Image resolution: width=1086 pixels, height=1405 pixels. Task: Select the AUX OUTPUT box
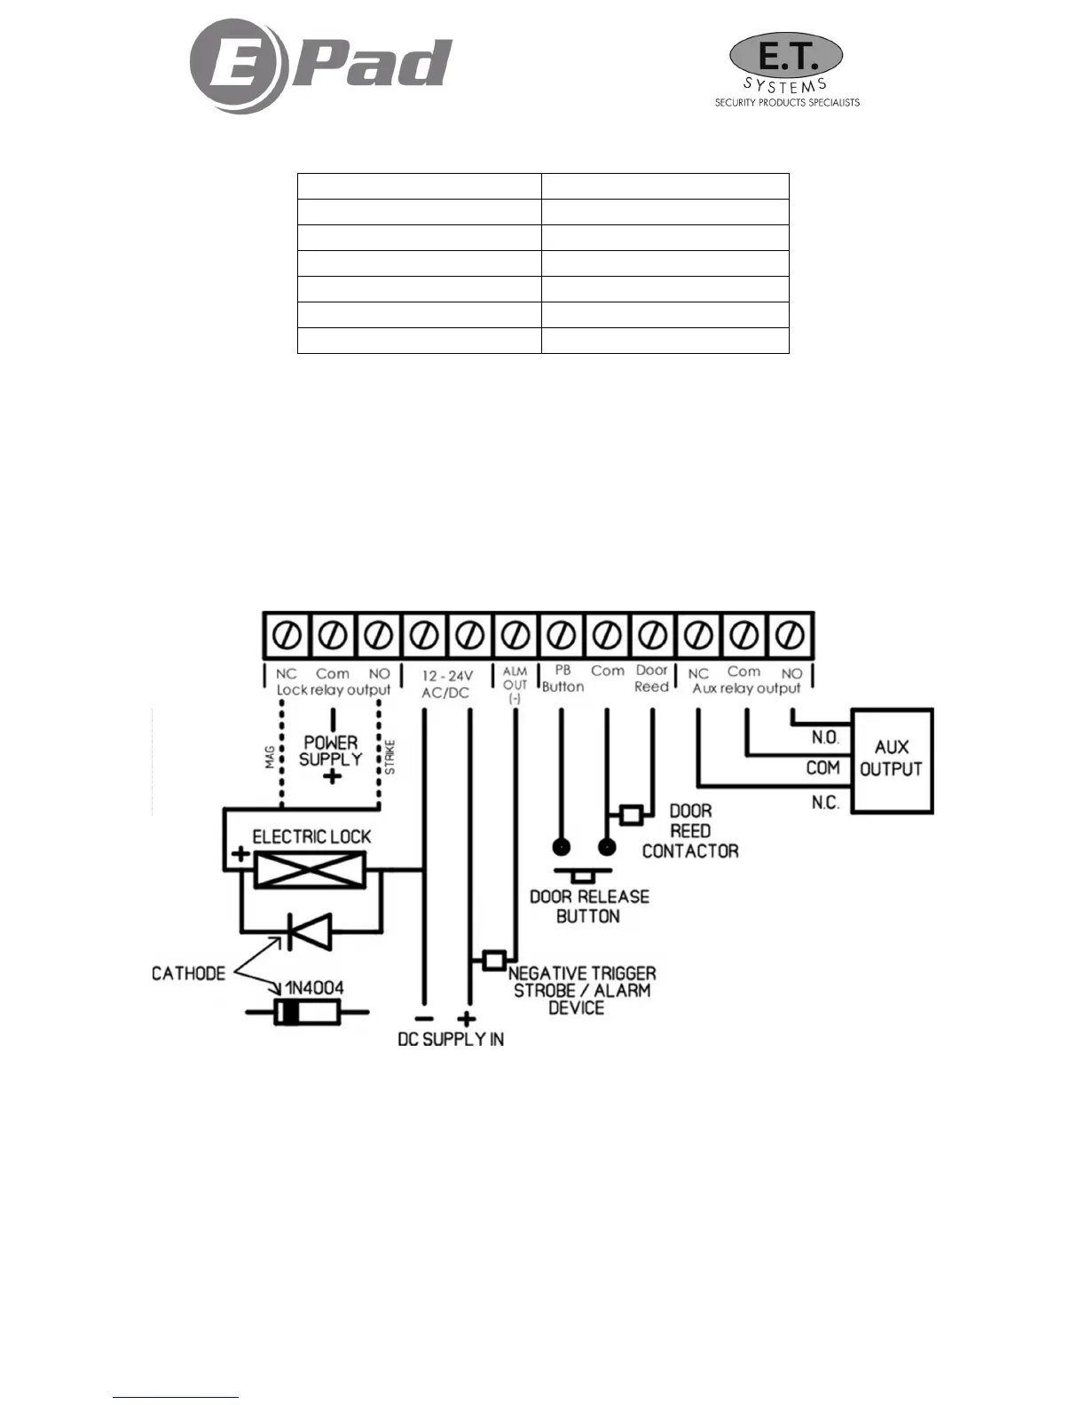coord(892,759)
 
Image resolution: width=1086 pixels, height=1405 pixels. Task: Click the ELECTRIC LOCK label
coord(311,836)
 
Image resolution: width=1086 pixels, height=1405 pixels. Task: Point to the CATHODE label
coord(188,973)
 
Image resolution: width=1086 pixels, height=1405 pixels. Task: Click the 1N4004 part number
coord(314,987)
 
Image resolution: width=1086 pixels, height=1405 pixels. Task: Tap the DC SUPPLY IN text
coord(451,1039)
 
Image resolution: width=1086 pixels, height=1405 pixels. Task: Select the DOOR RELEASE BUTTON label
coord(589,906)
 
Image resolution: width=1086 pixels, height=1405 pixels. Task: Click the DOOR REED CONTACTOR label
coord(690,831)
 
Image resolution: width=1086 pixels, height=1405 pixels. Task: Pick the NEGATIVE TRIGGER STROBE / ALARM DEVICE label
coord(581,990)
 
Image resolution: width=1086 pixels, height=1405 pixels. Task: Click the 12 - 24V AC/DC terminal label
coord(446,684)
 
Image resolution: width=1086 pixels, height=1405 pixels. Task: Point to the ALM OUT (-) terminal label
coord(515,686)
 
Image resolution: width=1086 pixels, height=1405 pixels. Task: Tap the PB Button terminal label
coord(563,679)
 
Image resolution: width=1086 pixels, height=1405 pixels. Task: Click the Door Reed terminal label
coord(652,679)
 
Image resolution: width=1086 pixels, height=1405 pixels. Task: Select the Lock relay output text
coord(333,690)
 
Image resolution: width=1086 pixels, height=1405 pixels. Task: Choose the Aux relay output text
coord(746,688)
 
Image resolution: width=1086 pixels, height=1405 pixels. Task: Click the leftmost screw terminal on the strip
coord(287,635)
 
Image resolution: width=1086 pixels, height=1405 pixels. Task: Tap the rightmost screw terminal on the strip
coord(791,635)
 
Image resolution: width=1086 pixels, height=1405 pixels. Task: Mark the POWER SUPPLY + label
coord(331,757)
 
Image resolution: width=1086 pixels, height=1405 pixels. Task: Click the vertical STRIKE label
coord(390,757)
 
